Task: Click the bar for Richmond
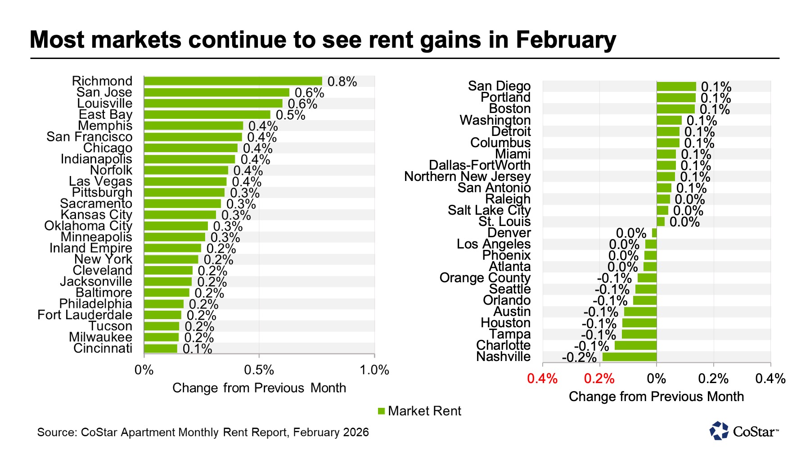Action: [233, 81]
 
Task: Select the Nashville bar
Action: [629, 357]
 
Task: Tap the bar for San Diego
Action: [676, 86]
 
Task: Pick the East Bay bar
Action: [207, 115]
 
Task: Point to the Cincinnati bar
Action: [161, 348]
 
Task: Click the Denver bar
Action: [654, 233]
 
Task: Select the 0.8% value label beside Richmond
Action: [342, 82]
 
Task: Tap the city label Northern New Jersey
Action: [467, 176]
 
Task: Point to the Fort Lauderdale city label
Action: [85, 315]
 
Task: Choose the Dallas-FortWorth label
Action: [480, 165]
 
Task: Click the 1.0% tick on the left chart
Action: [374, 370]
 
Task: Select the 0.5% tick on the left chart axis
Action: [259, 370]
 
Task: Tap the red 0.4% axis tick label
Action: [542, 379]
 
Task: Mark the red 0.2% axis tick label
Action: [599, 379]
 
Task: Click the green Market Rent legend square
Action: [381, 411]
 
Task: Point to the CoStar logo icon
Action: [719, 431]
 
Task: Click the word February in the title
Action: [566, 40]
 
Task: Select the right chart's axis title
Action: [656, 397]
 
